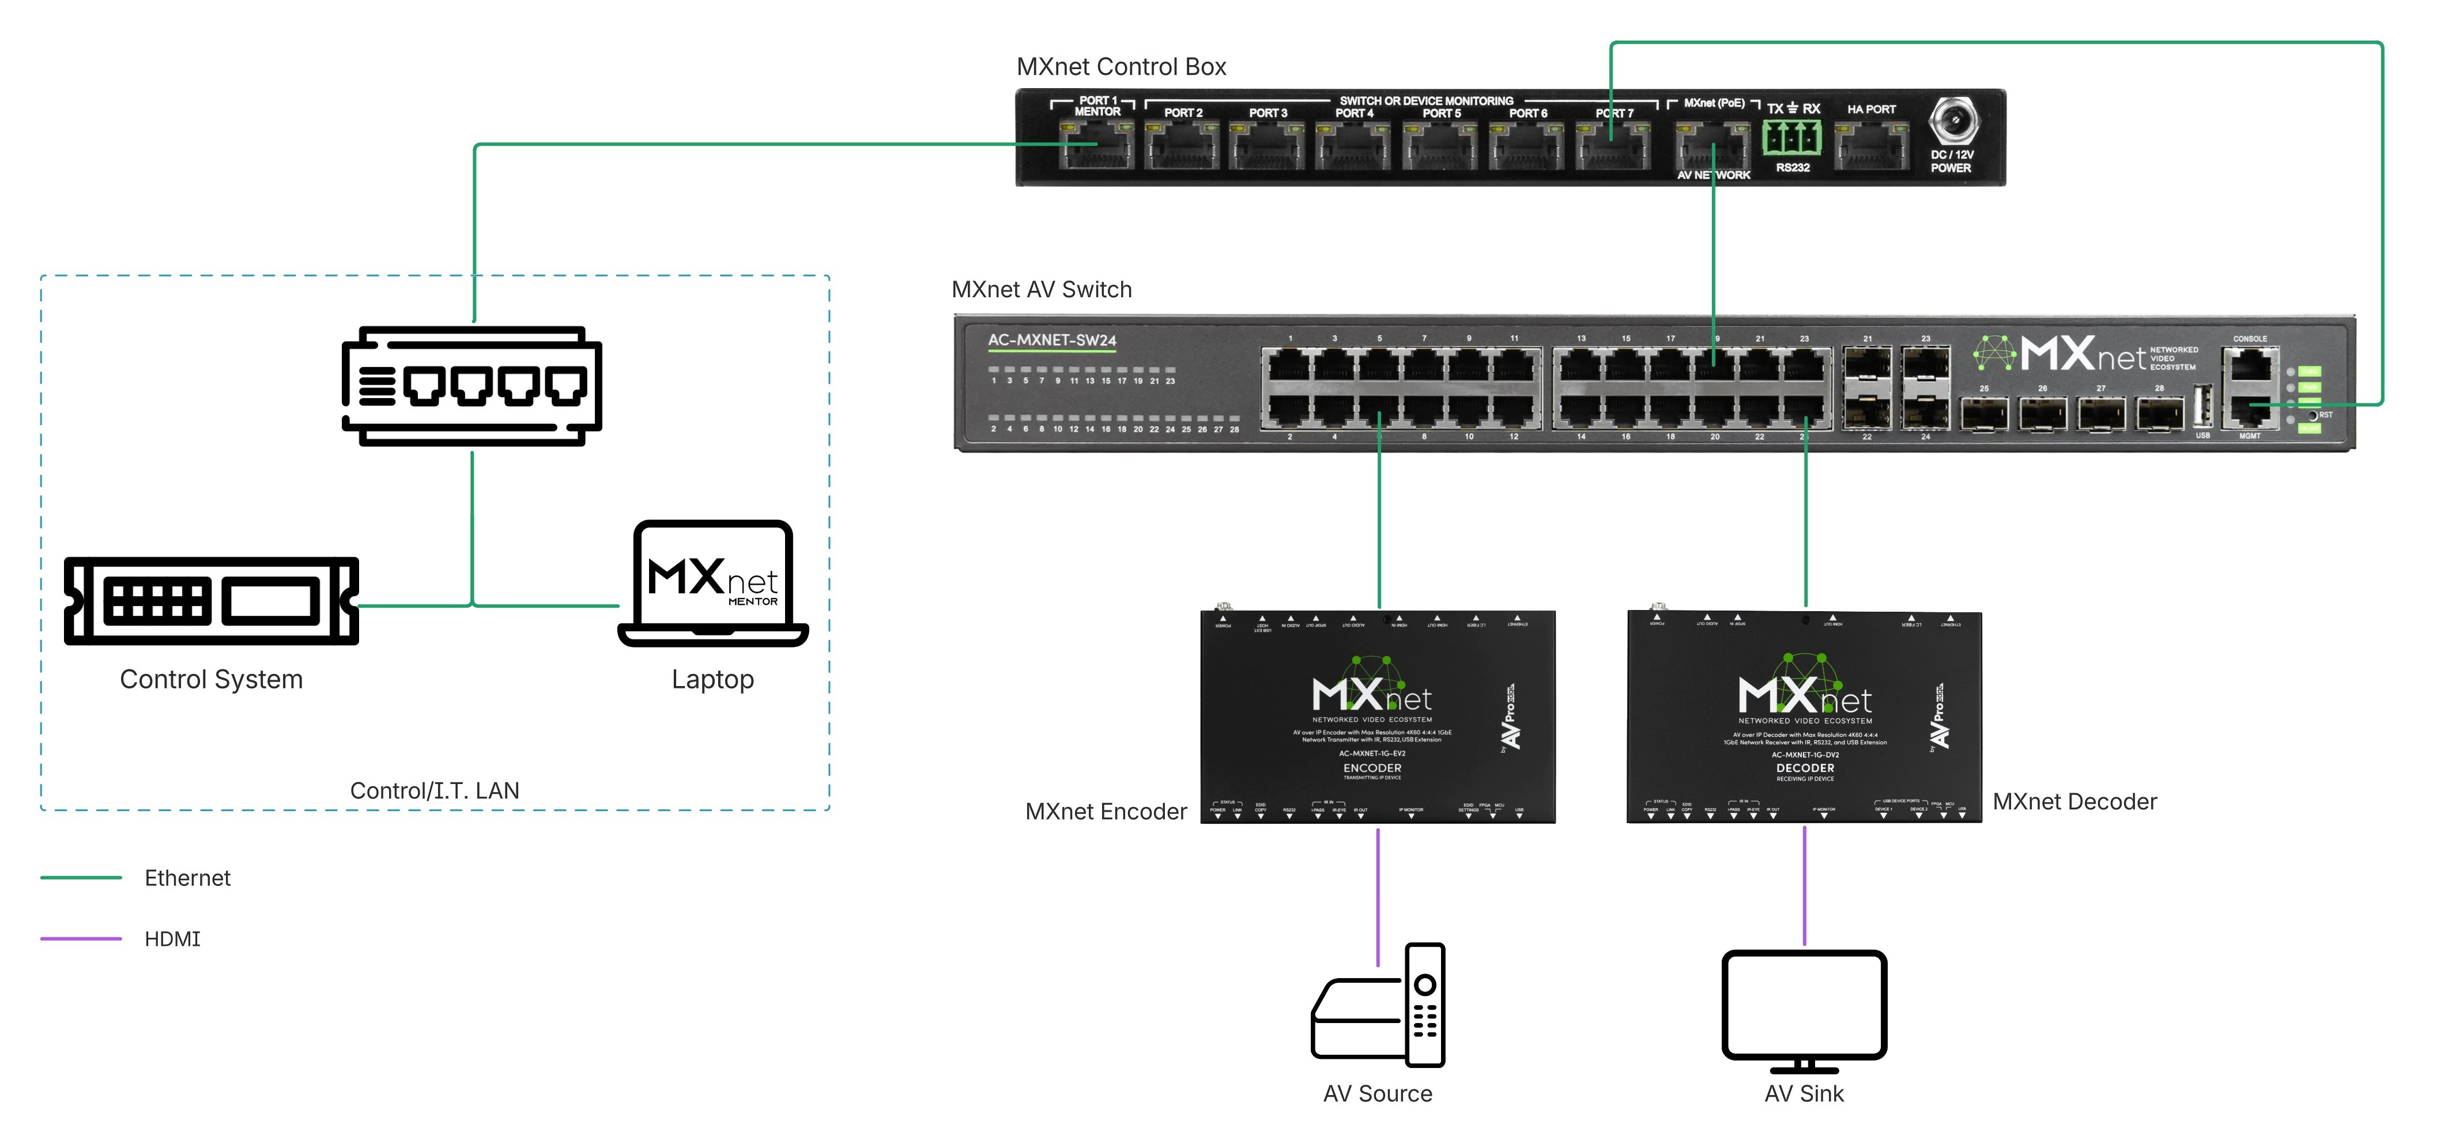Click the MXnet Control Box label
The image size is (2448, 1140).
click(1121, 66)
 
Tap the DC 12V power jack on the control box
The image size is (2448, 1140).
click(1953, 123)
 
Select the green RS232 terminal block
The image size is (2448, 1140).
click(1791, 139)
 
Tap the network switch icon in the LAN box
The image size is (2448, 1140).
click(472, 386)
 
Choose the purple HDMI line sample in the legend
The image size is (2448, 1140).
click(81, 938)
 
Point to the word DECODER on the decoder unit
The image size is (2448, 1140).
click(1805, 768)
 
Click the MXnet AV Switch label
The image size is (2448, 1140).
click(1042, 290)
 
